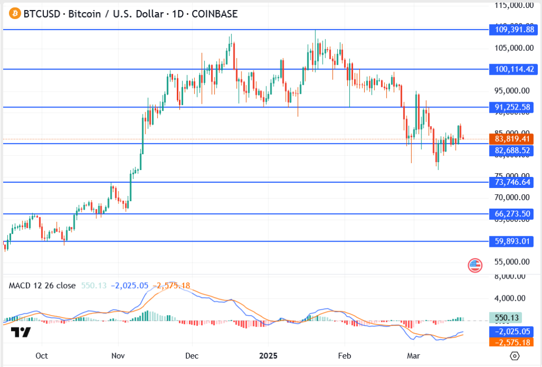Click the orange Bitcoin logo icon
click(x=13, y=14)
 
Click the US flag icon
click(x=475, y=265)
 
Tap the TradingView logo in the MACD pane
click(x=21, y=333)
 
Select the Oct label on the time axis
click(x=42, y=356)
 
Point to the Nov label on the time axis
click(x=118, y=356)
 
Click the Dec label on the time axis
click(x=192, y=356)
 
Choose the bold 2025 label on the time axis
click(x=267, y=356)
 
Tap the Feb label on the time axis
click(x=345, y=356)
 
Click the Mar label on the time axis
click(x=413, y=356)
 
